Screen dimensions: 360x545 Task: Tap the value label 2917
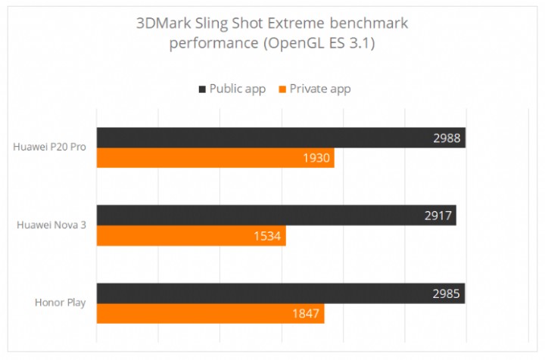(x=439, y=216)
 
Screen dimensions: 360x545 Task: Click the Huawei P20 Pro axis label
(x=49, y=147)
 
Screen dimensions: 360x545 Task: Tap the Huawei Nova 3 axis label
(x=51, y=225)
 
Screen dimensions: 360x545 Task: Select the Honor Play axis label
(x=60, y=303)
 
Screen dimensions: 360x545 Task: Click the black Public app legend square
(x=202, y=89)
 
